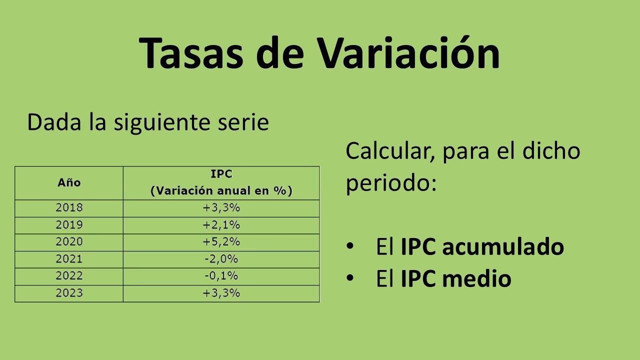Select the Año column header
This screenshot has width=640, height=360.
coord(69,183)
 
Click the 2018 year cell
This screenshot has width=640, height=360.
coord(69,207)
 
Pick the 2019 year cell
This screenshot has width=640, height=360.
coord(69,224)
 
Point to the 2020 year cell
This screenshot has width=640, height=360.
coord(69,242)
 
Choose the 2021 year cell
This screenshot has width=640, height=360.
coord(69,259)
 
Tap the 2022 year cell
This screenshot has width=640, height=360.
coord(69,276)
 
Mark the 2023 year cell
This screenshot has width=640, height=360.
coord(69,293)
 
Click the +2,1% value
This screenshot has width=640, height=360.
coord(221,224)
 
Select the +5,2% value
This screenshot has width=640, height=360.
coord(221,242)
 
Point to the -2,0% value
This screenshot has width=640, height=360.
coord(221,259)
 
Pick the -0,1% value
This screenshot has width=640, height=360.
coord(221,276)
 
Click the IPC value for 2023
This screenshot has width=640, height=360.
coord(221,293)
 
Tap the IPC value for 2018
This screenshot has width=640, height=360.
coord(221,207)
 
